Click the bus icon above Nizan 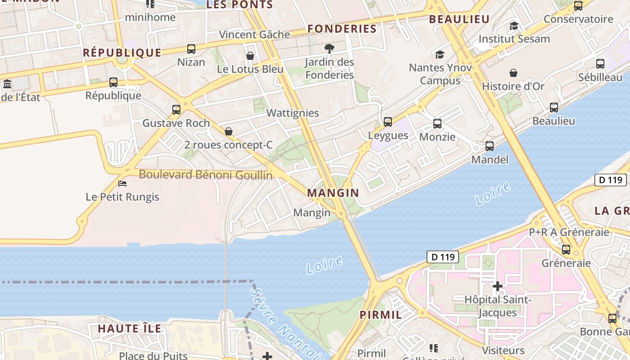pos(191,49)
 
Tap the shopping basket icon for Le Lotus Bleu pos(250,56)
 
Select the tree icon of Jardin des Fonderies pos(329,49)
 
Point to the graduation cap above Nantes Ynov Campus pos(440,54)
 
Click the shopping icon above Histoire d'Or pos(513,73)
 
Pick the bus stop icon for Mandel pos(490,146)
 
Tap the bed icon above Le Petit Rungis pos(122,184)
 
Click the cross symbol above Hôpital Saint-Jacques pos(497,286)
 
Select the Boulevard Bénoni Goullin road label pos(206,175)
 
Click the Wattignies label pos(292,113)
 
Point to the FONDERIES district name pos(342,29)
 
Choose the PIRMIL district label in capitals pos(381,315)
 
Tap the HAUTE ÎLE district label pos(130,328)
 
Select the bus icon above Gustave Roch pos(176,110)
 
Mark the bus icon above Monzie pos(437,124)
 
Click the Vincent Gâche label pos(254,35)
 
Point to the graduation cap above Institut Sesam pos(514,26)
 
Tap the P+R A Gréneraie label pos(569,232)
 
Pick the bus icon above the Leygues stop pos(388,122)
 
